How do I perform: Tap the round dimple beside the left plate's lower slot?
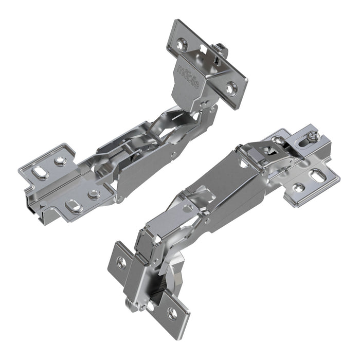click(93, 194)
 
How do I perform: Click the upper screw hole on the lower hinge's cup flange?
click(122, 263)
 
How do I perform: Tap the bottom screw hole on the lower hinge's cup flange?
click(172, 312)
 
